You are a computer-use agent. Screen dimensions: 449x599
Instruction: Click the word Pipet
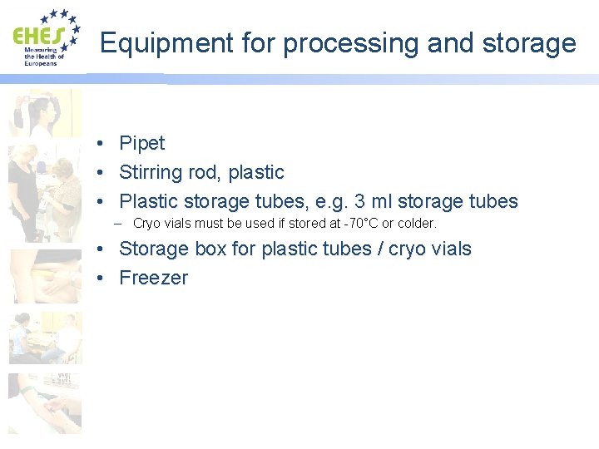coord(142,144)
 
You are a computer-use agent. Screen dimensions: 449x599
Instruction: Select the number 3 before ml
coord(360,201)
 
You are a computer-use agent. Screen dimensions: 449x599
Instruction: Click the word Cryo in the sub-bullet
coord(146,224)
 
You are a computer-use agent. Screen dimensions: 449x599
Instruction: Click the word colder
coord(417,224)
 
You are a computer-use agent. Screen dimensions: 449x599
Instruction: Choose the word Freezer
coord(154,278)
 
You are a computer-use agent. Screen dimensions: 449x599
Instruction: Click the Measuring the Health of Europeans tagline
coord(41,57)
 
